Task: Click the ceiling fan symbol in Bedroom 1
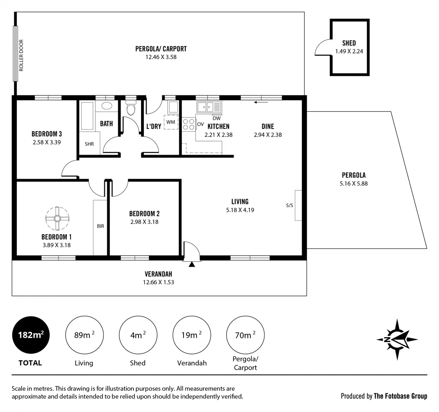tap(57, 218)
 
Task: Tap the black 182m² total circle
tap(31, 335)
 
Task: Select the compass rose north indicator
tap(397, 339)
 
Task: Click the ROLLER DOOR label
tap(21, 55)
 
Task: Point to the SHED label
tap(349, 43)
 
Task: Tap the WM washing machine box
tap(171, 122)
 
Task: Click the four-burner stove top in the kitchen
tap(188, 124)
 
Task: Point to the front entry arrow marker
tap(192, 264)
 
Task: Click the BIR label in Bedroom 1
tap(100, 226)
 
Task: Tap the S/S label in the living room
tap(289, 206)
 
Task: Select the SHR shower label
tap(89, 144)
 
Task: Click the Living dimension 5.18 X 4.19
tap(240, 210)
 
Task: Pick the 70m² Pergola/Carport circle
tap(245, 335)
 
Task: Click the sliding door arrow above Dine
tap(261, 102)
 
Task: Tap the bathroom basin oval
tap(106, 106)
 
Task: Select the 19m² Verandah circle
tap(192, 335)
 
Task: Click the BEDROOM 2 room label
tap(144, 214)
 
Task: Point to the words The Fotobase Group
tap(400, 396)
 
